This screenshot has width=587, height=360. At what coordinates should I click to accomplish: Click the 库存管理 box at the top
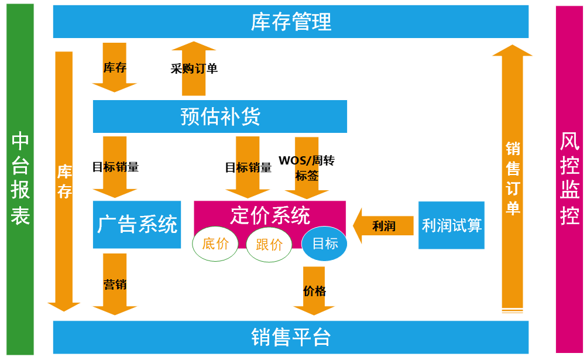pyautogui.click(x=291, y=22)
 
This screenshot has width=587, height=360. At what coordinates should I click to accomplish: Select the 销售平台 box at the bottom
pyautogui.click(x=291, y=337)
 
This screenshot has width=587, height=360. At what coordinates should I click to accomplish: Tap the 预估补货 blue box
pyautogui.click(x=219, y=116)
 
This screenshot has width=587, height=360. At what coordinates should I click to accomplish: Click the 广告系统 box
pyautogui.click(x=137, y=224)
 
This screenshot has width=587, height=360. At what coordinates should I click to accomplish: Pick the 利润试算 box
pyautogui.click(x=451, y=225)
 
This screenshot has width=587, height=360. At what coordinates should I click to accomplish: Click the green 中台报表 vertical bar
pyautogui.click(x=20, y=179)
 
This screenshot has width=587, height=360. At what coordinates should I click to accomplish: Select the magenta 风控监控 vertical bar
pyautogui.click(x=569, y=179)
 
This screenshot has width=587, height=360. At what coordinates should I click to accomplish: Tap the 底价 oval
pyautogui.click(x=215, y=244)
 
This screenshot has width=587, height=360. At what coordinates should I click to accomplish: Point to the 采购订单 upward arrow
pyautogui.click(x=194, y=68)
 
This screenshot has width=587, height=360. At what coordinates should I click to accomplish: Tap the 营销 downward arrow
pyautogui.click(x=115, y=284)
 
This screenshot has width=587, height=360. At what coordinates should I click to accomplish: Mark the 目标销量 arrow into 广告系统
pyautogui.click(x=115, y=167)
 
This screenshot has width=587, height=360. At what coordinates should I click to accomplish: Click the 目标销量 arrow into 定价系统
pyautogui.click(x=248, y=167)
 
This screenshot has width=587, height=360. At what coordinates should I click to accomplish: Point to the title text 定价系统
pyautogui.click(x=270, y=215)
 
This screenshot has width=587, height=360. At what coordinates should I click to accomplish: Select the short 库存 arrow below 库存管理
pyautogui.click(x=115, y=67)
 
